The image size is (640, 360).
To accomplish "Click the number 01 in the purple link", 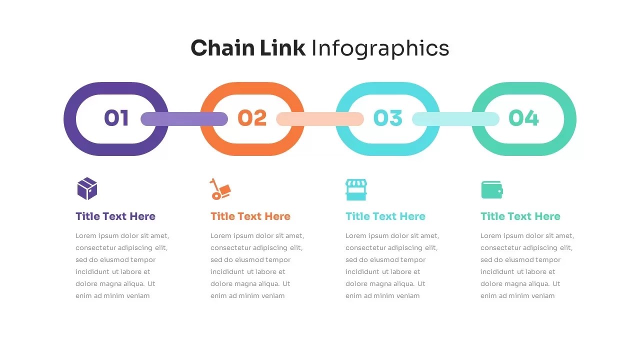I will coord(116,118).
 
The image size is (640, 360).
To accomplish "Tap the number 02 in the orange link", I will coord(252,118).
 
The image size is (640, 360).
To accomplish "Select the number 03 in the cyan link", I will coord(387,118).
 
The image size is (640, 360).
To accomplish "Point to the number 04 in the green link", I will coord(523,118).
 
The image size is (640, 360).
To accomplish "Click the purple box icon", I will coord(87,188).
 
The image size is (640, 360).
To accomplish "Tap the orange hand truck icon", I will coord(220,189).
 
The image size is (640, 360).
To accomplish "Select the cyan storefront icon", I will coord(356,189).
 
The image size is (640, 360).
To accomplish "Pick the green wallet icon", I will coord(492,190).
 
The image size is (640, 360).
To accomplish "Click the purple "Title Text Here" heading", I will coord(115,216).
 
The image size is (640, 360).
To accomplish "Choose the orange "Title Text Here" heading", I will coord(250,216).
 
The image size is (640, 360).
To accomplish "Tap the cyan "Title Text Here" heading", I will coord(385,216).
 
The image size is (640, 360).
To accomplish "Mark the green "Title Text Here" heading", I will coord(520,216).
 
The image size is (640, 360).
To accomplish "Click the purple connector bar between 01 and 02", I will coord(184,119).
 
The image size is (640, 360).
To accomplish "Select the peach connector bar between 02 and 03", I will coord(320,119).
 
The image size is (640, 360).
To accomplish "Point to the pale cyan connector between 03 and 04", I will coord(455,119).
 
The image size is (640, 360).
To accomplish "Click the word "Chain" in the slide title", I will coord(222,48).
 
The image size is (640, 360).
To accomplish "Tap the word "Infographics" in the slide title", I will coord(380,48).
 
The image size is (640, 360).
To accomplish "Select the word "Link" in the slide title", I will coord(282,48).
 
